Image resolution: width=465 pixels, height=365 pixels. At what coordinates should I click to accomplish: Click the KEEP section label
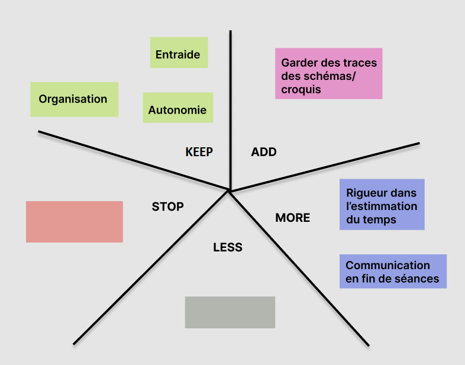(x=199, y=152)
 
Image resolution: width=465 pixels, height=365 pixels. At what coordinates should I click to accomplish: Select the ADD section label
(x=264, y=152)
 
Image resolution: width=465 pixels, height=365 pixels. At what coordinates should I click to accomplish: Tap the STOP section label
(x=167, y=206)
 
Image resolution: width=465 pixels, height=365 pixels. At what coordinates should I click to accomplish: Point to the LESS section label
(x=228, y=247)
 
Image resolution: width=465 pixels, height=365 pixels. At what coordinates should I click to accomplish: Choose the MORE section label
(x=292, y=218)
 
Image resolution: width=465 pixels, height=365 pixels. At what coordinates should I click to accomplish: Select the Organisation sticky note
(x=74, y=99)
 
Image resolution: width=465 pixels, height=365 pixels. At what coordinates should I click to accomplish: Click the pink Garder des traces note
(x=328, y=73)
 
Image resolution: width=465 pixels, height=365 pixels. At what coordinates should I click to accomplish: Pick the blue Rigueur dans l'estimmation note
(x=382, y=205)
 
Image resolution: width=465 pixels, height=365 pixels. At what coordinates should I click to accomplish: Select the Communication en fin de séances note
(x=392, y=272)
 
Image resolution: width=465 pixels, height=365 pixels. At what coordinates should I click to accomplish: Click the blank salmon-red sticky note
(x=74, y=222)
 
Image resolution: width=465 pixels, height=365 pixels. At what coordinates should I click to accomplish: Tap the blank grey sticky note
(x=230, y=312)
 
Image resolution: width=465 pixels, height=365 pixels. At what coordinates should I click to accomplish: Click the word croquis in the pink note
(x=301, y=89)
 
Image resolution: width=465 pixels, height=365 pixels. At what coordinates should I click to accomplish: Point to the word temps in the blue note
(x=380, y=219)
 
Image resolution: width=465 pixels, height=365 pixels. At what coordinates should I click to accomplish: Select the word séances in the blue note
(x=416, y=279)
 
